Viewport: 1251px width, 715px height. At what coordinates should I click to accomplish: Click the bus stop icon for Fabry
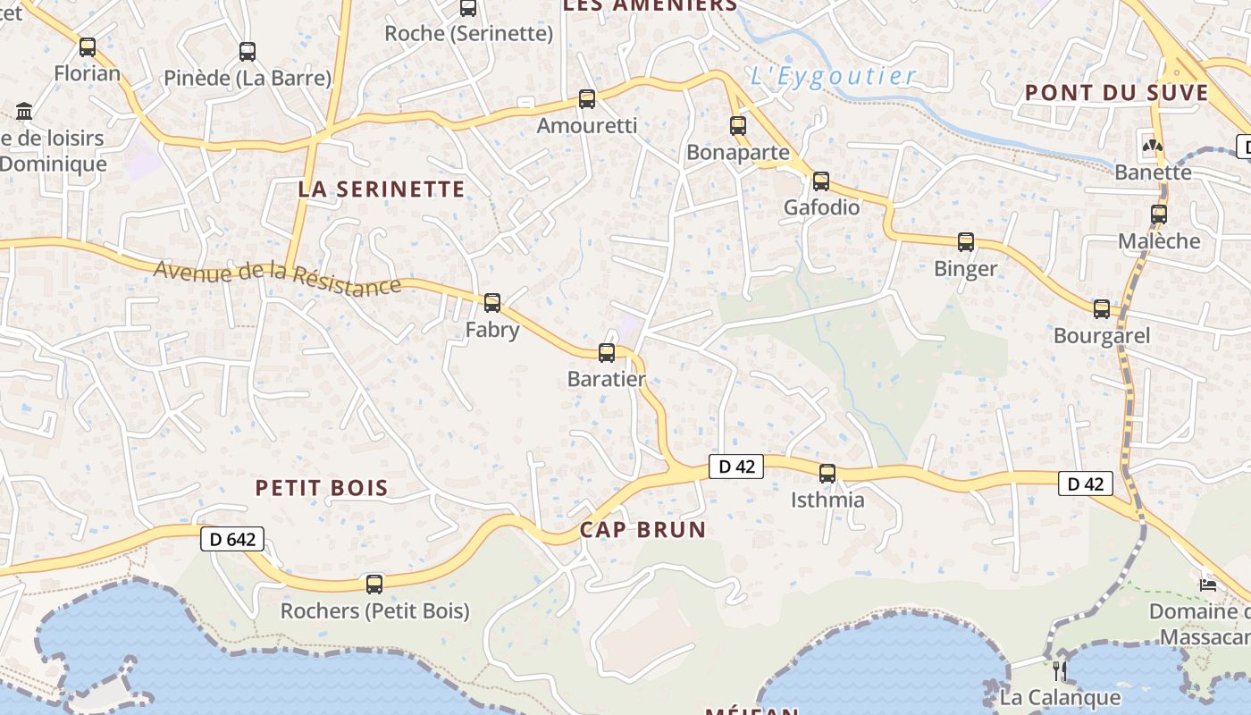click(491, 303)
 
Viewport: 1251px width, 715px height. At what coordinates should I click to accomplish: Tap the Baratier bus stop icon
click(607, 353)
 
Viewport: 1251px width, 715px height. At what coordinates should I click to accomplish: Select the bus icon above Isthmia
click(827, 473)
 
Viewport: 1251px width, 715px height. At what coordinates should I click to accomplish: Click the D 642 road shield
click(231, 539)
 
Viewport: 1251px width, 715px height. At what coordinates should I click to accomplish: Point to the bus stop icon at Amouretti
click(587, 99)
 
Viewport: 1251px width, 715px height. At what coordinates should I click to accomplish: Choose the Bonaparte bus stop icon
click(738, 126)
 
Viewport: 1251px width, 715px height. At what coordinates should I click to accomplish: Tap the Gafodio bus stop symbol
click(821, 181)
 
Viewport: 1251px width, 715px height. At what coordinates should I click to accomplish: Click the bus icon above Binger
click(966, 242)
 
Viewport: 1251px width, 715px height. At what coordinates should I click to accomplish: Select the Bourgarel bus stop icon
click(1102, 309)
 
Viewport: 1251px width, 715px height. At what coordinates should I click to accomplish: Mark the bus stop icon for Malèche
click(1159, 214)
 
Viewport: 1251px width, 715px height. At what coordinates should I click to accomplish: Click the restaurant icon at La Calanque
click(1060, 670)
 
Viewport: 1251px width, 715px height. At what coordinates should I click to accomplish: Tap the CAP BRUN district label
click(642, 529)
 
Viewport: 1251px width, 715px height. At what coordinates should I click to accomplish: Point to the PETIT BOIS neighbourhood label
click(322, 488)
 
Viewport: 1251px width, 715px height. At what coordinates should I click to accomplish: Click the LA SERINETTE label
click(382, 189)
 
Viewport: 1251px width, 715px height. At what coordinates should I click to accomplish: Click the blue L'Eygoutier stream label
click(833, 76)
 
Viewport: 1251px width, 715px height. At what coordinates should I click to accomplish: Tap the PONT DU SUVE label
click(1116, 92)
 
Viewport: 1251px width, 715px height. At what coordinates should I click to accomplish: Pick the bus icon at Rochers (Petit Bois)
click(374, 585)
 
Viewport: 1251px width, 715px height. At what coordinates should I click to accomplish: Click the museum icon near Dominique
click(24, 112)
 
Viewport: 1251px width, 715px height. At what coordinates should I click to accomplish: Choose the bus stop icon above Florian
click(88, 46)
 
